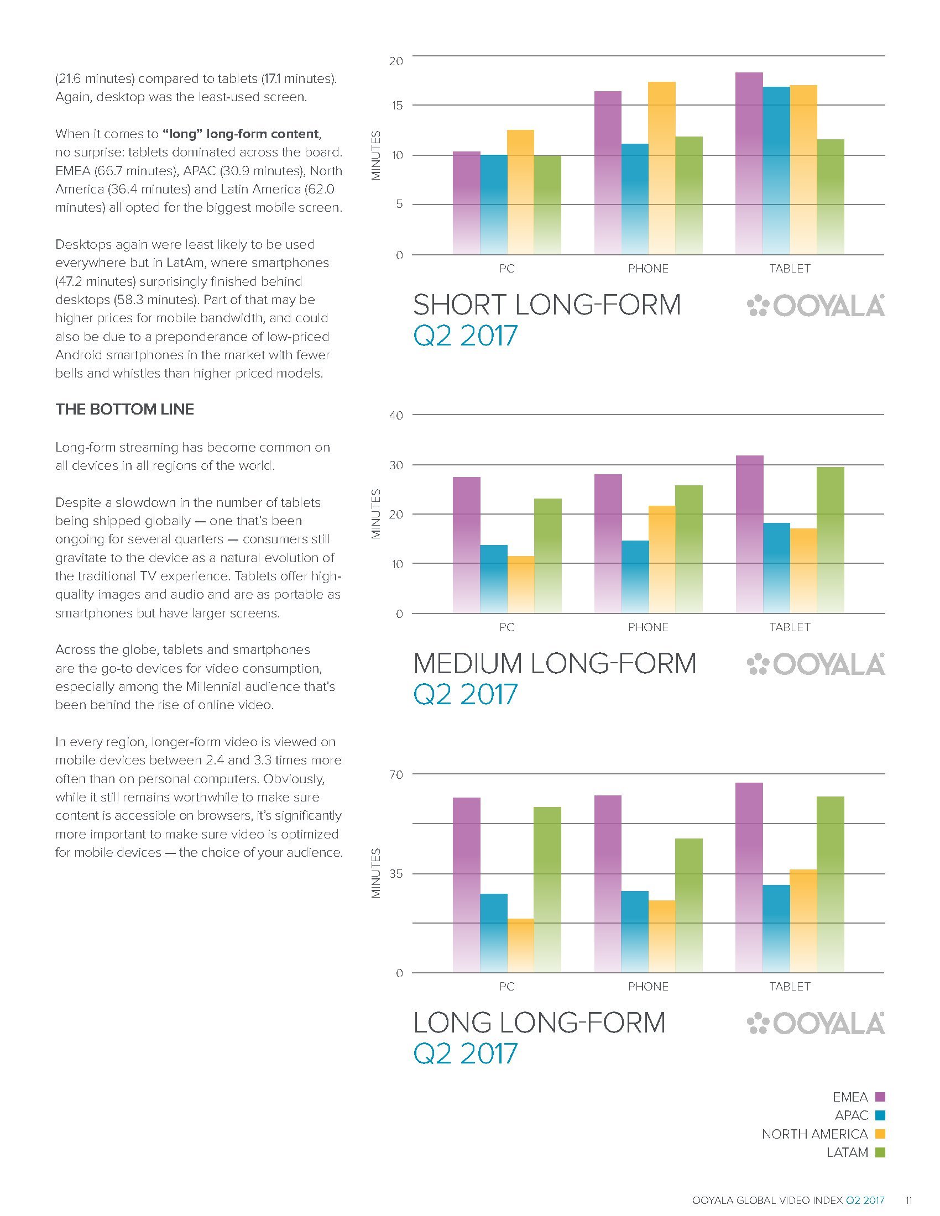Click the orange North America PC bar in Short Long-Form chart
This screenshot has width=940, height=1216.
(x=520, y=192)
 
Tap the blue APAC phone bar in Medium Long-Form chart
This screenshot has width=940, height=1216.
(x=635, y=577)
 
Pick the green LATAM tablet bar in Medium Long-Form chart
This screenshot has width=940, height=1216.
(x=831, y=540)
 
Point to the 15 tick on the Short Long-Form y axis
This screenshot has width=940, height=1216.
(x=396, y=106)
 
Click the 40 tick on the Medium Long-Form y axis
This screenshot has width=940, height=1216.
(x=396, y=415)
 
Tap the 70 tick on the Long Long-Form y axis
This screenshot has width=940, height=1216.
(x=396, y=774)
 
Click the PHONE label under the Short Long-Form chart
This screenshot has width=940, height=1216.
(x=648, y=269)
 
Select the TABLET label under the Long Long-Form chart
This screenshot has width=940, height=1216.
(x=790, y=987)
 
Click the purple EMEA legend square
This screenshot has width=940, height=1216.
(x=880, y=1097)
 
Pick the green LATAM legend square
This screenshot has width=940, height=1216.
(x=880, y=1152)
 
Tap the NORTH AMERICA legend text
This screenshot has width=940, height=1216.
(x=814, y=1134)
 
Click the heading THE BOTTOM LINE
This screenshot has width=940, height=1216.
(x=125, y=409)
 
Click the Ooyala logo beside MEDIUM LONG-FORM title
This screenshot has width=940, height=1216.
(x=815, y=664)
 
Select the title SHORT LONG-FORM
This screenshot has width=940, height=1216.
(x=547, y=305)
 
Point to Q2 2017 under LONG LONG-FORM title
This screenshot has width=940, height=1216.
(x=466, y=1053)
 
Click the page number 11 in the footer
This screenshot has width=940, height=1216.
(x=908, y=1200)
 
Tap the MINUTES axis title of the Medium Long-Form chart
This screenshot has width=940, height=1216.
(x=376, y=514)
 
